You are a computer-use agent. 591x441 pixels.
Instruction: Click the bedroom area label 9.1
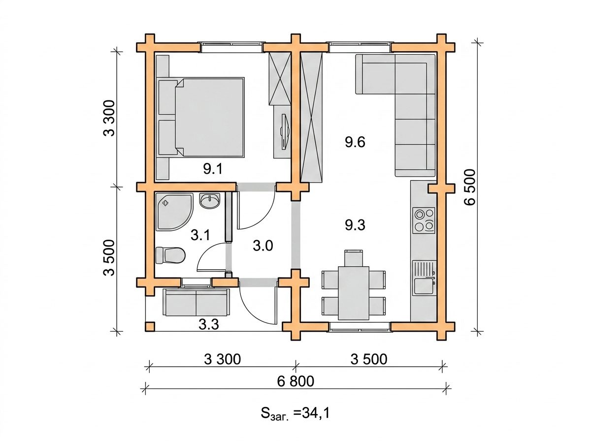tap(213, 169)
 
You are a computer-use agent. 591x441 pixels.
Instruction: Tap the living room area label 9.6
tap(355, 142)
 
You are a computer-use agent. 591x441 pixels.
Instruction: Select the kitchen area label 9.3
tap(355, 225)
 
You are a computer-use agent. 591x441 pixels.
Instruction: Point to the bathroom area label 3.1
tap(200, 235)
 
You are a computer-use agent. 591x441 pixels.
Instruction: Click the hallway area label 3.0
tap(263, 246)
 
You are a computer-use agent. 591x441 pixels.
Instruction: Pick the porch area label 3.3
tap(209, 324)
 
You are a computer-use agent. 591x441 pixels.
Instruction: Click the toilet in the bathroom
tap(170, 255)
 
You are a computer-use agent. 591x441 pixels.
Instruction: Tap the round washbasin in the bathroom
tap(210, 201)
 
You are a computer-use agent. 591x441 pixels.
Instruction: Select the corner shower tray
tap(174, 212)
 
